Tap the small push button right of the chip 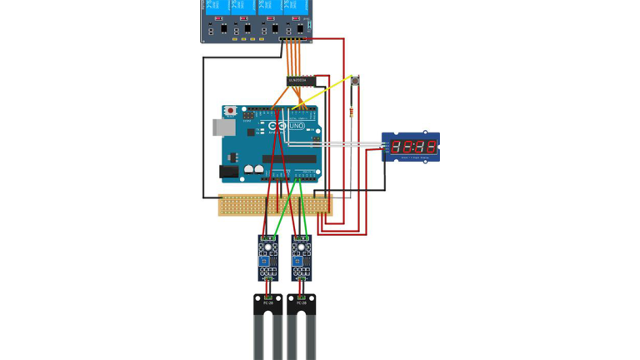coord(356,81)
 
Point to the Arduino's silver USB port coord(222,127)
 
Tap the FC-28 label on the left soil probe coord(268,302)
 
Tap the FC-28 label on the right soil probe coord(302,302)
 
